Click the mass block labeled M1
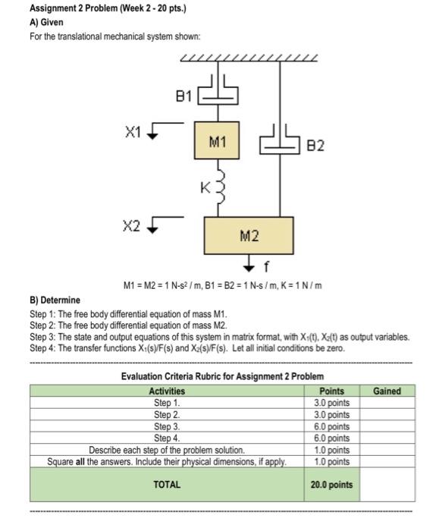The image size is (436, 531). point(217,141)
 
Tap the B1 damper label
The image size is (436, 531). point(183,96)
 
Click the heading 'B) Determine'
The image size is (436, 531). point(55,300)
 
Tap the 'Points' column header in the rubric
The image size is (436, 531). point(334,391)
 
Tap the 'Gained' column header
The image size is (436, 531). point(386,391)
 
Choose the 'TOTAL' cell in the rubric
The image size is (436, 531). point(166,484)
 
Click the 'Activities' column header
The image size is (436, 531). point(166,391)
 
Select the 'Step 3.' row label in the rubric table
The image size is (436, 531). point(166,426)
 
